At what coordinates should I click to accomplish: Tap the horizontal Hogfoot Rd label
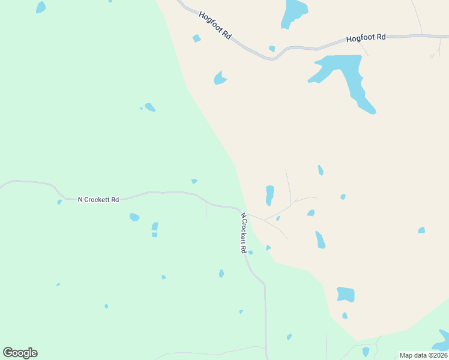point(366,38)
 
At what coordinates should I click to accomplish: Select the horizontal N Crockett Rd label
point(98,199)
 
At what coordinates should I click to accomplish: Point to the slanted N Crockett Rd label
point(244,233)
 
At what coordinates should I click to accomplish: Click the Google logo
point(20,353)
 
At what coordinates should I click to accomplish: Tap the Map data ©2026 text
point(423,355)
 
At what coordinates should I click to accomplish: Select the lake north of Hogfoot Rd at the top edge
point(294,12)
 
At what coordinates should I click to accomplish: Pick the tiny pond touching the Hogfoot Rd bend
point(272,49)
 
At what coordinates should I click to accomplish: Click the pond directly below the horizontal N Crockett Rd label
point(134,217)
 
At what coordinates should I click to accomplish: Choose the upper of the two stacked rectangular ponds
point(155,226)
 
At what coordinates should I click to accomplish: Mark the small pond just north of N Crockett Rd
point(194,181)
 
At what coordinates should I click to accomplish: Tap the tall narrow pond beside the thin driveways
point(270,194)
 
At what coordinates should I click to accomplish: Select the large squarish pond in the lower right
point(345,294)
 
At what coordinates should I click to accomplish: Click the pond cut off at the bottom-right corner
point(443,339)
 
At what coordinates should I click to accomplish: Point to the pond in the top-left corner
point(40,7)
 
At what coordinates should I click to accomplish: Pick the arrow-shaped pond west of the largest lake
point(220,78)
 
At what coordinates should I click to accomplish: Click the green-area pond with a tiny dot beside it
point(150,107)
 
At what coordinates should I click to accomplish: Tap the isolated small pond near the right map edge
point(421,230)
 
